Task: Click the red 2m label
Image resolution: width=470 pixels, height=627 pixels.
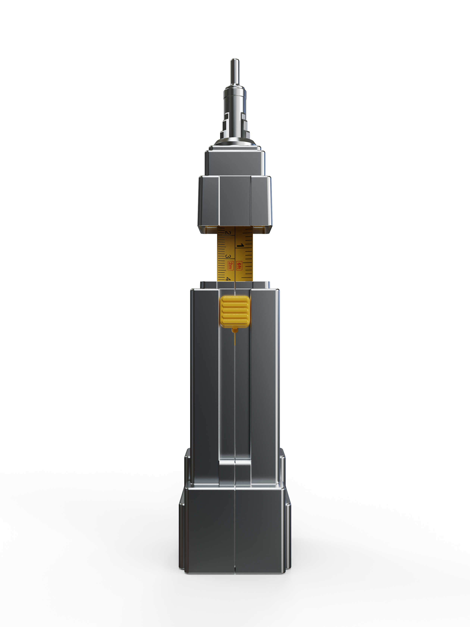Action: coord(230,266)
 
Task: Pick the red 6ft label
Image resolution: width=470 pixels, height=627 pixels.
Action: coord(239,266)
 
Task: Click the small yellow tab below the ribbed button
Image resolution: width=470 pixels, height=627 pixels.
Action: coord(235,330)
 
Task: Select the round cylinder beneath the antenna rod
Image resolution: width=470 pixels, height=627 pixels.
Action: coord(235,98)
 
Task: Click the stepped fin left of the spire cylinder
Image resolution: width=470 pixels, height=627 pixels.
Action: coord(225,125)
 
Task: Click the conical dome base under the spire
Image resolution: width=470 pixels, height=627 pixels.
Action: coord(235,142)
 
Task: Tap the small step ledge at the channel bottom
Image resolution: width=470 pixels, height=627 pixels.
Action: coord(235,463)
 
